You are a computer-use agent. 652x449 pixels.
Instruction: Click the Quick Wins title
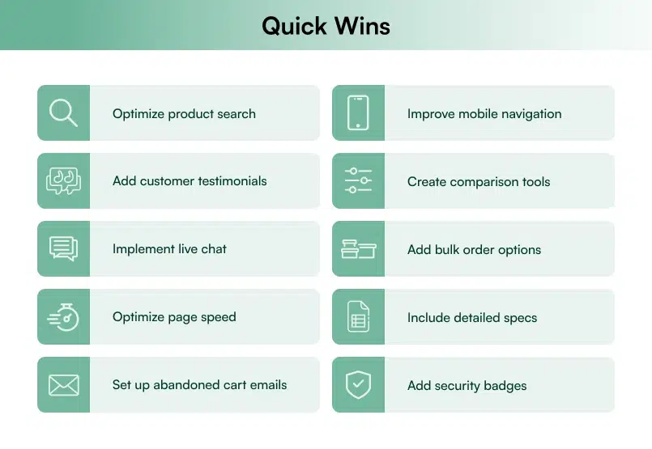pyautogui.click(x=326, y=25)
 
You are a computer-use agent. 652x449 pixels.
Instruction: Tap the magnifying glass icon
pyautogui.click(x=63, y=112)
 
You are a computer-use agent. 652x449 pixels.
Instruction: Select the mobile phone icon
pyautogui.click(x=358, y=112)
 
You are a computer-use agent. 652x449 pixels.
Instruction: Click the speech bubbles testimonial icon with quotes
pyautogui.click(x=63, y=180)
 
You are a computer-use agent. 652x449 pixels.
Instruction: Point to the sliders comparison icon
pyautogui.click(x=358, y=180)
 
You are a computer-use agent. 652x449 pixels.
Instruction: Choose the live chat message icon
pyautogui.click(x=63, y=248)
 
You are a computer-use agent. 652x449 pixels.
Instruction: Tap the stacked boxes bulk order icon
pyautogui.click(x=358, y=249)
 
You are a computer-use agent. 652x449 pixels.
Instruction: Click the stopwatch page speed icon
pyautogui.click(x=63, y=316)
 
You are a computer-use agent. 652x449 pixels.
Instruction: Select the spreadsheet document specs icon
pyautogui.click(x=358, y=316)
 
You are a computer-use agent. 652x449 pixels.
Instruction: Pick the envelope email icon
pyautogui.click(x=63, y=384)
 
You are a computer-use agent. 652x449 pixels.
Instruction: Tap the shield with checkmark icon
pyautogui.click(x=358, y=384)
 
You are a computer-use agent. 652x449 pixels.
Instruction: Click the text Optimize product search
pyautogui.click(x=184, y=114)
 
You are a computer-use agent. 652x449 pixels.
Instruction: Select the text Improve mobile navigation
pyautogui.click(x=484, y=114)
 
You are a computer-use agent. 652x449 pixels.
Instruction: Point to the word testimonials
pyautogui.click(x=228, y=181)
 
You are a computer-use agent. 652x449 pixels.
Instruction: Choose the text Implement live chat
pyautogui.click(x=169, y=249)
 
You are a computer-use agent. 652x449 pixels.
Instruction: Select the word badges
pyautogui.click(x=505, y=386)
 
